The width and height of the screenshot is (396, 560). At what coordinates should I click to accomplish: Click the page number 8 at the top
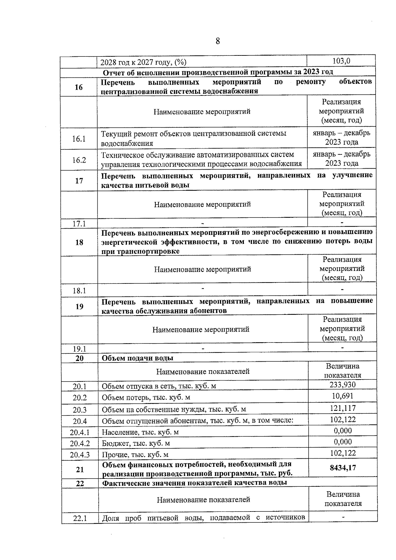click(x=217, y=41)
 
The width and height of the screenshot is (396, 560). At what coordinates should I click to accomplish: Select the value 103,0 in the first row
click(x=341, y=61)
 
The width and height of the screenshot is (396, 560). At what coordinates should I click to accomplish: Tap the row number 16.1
click(x=79, y=139)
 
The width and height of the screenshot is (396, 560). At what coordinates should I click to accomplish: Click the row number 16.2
click(x=79, y=160)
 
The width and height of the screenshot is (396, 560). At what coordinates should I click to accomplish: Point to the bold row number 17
click(x=79, y=181)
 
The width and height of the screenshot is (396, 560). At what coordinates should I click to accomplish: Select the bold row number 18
click(x=79, y=242)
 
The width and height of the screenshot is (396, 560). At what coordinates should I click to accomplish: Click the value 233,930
click(x=343, y=384)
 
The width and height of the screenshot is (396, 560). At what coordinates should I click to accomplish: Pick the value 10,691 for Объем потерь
click(x=343, y=396)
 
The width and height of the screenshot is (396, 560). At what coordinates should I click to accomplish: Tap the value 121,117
click(x=343, y=408)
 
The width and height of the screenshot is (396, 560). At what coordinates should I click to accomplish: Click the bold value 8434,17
click(x=343, y=468)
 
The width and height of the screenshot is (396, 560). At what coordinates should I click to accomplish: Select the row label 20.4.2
click(x=80, y=443)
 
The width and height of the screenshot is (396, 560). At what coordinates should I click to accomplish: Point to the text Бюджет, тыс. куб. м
click(x=136, y=443)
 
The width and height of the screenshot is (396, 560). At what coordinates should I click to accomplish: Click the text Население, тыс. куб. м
click(x=140, y=432)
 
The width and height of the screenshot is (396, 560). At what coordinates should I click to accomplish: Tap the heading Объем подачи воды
click(x=137, y=358)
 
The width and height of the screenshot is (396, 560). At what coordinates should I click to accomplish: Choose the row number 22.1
click(x=80, y=518)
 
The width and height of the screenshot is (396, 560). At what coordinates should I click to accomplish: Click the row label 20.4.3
click(x=80, y=455)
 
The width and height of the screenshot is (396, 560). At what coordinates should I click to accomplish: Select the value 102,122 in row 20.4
click(x=343, y=419)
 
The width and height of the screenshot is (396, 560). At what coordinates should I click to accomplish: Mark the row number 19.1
click(x=79, y=349)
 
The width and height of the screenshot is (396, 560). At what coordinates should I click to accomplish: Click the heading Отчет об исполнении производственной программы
click(x=218, y=72)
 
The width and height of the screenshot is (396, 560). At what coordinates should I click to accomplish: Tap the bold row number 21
click(x=80, y=469)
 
